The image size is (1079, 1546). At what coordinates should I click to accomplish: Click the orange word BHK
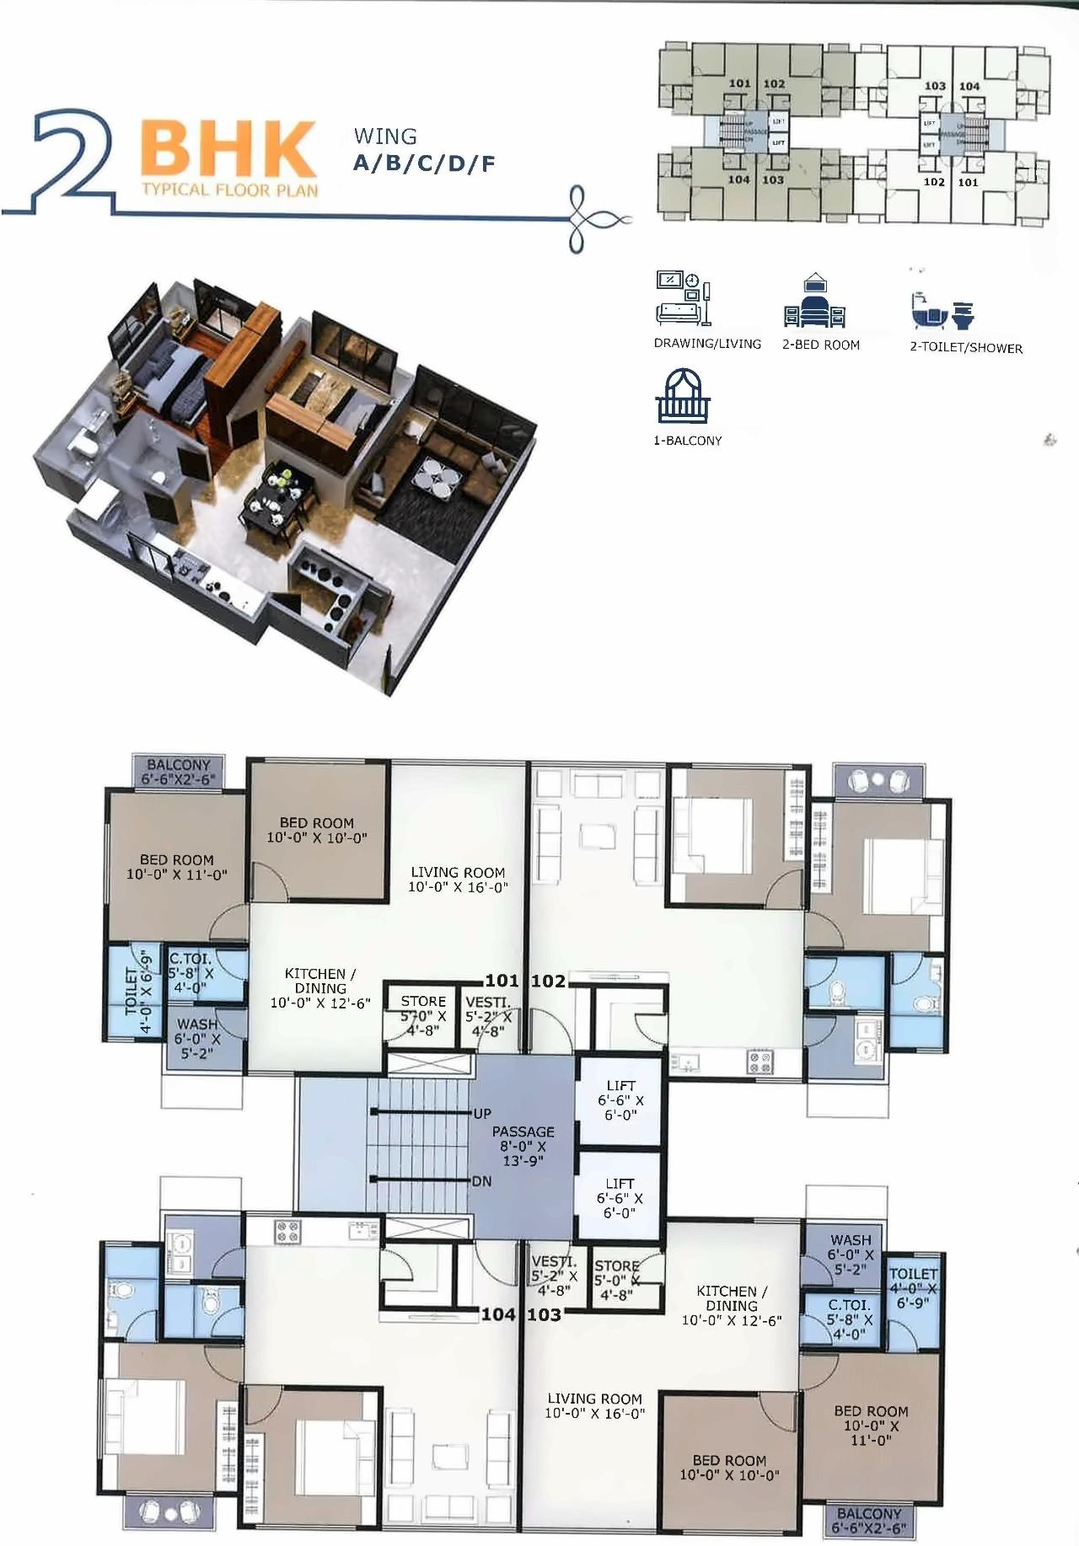(x=228, y=150)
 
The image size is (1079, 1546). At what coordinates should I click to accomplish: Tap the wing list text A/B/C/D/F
(x=423, y=163)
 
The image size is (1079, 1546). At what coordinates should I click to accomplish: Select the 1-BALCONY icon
(x=682, y=396)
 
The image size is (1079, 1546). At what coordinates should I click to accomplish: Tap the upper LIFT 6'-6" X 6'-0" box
(x=620, y=1100)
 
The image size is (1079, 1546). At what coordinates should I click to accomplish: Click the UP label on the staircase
(x=482, y=1114)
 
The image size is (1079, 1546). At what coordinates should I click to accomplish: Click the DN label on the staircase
(x=481, y=1181)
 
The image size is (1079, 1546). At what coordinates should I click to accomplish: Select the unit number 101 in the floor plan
(x=502, y=981)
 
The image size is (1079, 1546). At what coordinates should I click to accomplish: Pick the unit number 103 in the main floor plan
(x=545, y=1314)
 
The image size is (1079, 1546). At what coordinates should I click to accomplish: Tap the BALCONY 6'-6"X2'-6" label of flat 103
(x=868, y=1521)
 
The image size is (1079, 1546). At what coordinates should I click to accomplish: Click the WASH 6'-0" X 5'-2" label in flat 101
(x=196, y=1038)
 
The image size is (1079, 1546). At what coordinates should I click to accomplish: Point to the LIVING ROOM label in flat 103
(x=594, y=1405)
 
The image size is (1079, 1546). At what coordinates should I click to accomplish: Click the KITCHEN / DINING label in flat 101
(x=319, y=987)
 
